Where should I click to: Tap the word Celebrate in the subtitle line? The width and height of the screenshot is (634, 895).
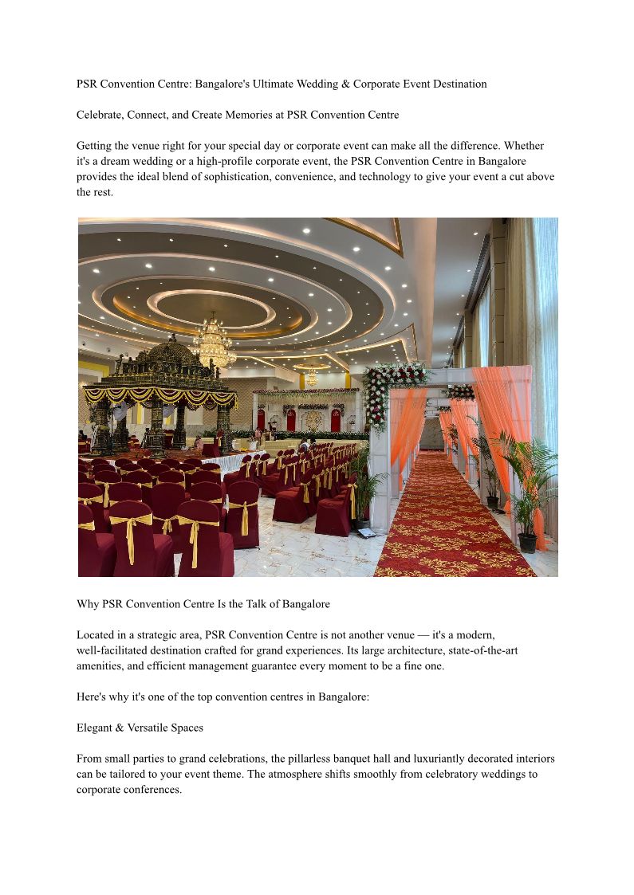[101, 115]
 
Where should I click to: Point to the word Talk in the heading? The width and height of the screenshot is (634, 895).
[256, 604]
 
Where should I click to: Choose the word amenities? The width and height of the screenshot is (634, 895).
[101, 666]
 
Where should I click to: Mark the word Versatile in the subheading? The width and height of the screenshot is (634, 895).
[147, 728]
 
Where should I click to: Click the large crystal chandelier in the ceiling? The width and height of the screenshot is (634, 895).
[213, 343]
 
